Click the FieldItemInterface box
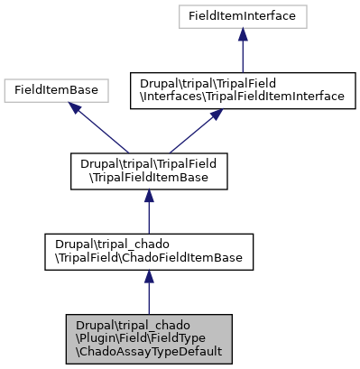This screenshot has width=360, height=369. click(243, 16)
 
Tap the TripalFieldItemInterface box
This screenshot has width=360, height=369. click(242, 90)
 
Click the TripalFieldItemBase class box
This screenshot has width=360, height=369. click(149, 171)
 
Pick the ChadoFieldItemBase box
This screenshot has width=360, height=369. click(149, 252)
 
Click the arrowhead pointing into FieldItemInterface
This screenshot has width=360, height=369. click(243, 35)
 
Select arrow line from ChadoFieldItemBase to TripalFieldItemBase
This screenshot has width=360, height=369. click(149, 218)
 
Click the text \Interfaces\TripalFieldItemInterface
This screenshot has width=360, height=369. click(242, 97)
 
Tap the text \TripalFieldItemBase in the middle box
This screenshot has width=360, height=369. click(149, 178)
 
